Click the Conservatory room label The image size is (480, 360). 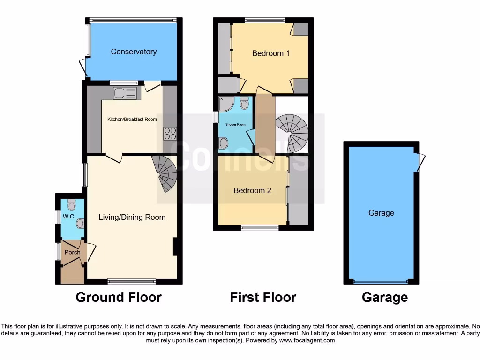(134, 52)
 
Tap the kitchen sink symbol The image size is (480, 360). (125, 93)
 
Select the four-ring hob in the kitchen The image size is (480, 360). (170, 133)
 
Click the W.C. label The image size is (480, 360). (69, 217)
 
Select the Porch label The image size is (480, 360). (72, 252)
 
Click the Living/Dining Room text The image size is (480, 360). (132, 217)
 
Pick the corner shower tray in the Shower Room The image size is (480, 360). (225, 104)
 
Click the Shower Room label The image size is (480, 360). (235, 124)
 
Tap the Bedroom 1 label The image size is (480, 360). (270, 53)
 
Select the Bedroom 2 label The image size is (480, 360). (252, 190)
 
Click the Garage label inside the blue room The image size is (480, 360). (381, 213)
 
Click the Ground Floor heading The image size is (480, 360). (119, 297)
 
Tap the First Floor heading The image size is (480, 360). (263, 297)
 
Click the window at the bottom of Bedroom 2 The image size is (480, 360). (260, 228)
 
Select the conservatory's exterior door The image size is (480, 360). (83, 67)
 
